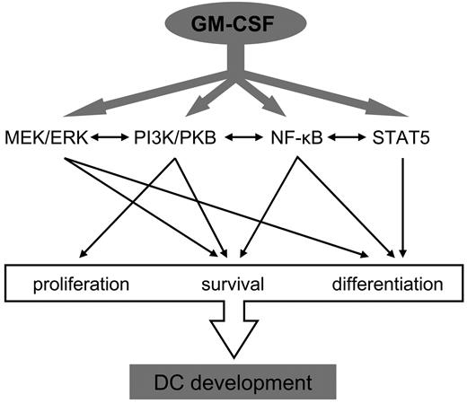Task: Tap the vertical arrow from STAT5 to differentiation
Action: (405, 206)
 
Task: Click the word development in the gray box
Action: (260, 383)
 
